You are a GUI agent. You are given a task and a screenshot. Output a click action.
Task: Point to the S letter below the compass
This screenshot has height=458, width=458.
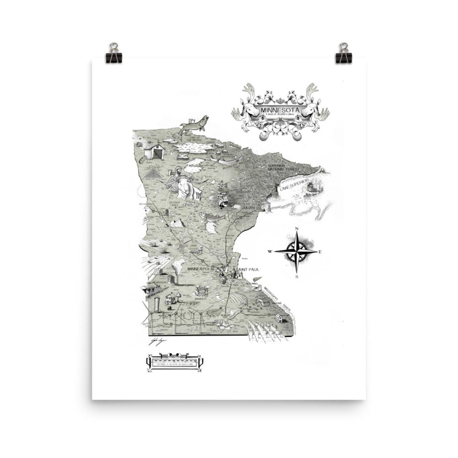click(x=297, y=276)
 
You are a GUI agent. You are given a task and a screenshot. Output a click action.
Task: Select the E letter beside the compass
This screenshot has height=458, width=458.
click(x=320, y=252)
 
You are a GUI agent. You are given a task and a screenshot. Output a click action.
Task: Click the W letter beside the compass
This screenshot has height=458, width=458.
click(x=270, y=252)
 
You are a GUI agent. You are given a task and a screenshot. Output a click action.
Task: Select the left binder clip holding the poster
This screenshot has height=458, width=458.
click(x=113, y=53)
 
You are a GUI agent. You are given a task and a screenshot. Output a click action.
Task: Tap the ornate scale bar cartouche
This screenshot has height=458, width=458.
click(x=175, y=362)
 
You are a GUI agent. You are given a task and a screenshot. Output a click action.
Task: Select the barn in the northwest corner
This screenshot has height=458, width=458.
click(x=154, y=151)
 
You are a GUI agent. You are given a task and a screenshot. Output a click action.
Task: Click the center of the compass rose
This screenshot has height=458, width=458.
click(x=297, y=251)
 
